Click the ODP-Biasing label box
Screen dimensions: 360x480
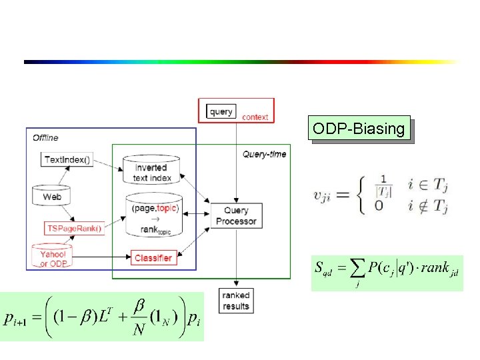coord(359,129)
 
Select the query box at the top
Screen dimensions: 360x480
coord(221,111)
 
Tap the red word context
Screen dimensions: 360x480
coord(255,117)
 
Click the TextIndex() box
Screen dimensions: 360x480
coord(67,159)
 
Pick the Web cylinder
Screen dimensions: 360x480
coord(51,197)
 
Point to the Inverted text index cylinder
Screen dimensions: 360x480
coord(153,172)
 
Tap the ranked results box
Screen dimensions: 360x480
coord(235,301)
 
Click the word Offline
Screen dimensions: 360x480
coord(45,138)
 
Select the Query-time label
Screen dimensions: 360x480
coord(264,154)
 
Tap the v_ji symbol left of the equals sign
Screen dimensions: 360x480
coord(323,195)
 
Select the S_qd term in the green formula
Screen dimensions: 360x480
coord(325,271)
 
